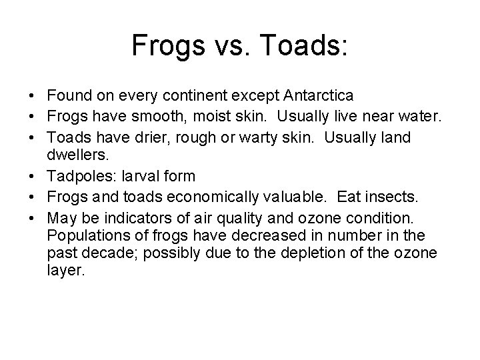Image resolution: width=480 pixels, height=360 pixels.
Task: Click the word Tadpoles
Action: click(77, 176)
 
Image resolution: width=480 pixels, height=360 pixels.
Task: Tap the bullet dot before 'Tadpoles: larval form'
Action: click(31, 176)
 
